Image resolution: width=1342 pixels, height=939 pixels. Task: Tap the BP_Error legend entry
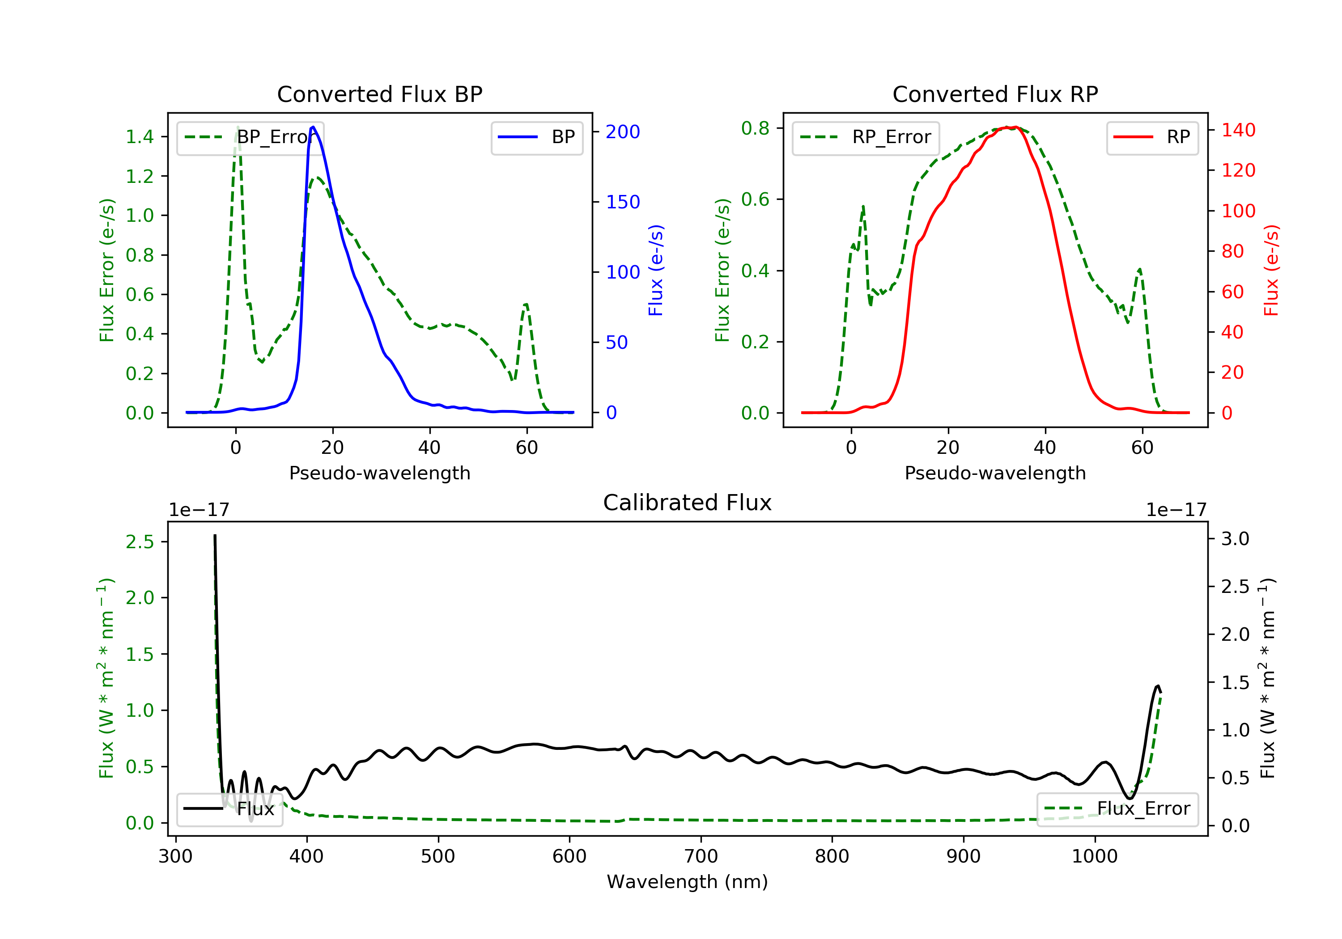pos(250,137)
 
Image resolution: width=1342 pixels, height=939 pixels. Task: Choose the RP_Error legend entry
pos(866,137)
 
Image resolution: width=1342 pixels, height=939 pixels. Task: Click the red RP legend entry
pos(1152,137)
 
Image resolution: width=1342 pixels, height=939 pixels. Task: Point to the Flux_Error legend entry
pos(1117,809)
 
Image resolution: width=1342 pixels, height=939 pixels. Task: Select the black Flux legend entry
pos(229,809)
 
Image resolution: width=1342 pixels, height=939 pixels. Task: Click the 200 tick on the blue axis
pos(623,132)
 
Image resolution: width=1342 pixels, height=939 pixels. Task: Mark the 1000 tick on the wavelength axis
pos(1094,857)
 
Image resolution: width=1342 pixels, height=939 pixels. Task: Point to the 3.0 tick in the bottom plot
pos(1235,539)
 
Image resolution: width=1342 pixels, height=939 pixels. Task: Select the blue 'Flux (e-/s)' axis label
pos(656,271)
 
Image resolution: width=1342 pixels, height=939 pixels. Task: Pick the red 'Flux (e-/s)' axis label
pos(1271,271)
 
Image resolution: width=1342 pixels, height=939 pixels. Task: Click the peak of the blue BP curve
pos(313,127)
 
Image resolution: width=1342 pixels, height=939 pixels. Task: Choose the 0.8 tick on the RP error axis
pos(755,128)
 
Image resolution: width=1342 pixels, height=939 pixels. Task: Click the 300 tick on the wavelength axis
pos(175,857)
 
